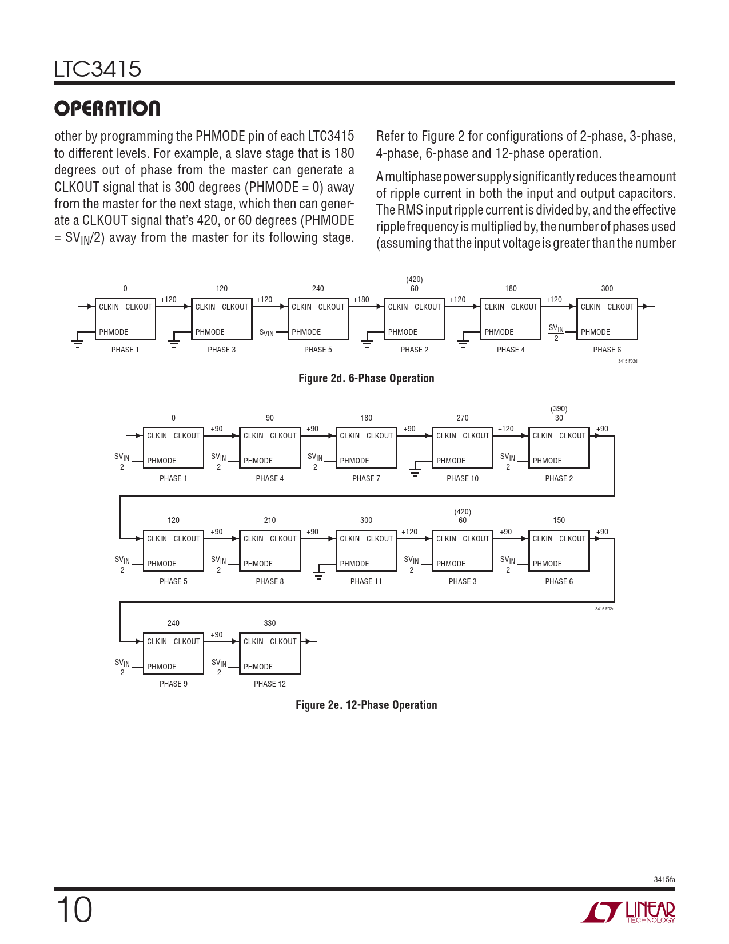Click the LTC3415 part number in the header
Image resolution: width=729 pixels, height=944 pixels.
(98, 69)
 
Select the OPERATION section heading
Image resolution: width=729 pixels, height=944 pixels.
(107, 108)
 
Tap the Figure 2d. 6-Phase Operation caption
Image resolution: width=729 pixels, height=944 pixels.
(366, 378)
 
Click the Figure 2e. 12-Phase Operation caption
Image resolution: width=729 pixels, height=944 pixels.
(366, 705)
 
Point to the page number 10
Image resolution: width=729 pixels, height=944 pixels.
(74, 910)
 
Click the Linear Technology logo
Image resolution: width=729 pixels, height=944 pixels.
(628, 912)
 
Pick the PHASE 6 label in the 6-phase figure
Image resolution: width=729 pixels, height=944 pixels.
(607, 350)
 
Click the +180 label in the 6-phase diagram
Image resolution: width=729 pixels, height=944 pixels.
(361, 299)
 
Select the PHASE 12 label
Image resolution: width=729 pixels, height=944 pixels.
(269, 684)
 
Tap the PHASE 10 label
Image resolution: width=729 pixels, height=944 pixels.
(462, 478)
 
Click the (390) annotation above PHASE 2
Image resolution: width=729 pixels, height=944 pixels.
(559, 409)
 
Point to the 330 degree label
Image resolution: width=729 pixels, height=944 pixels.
(269, 623)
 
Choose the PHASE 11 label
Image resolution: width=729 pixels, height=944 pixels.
(366, 581)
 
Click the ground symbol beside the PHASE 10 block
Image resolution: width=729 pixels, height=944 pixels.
(415, 471)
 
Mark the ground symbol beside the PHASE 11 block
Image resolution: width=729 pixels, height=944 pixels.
(319, 574)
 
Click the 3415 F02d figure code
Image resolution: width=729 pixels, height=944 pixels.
(627, 362)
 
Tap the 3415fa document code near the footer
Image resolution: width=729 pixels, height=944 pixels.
(664, 879)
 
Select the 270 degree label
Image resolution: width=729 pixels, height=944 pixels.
(462, 418)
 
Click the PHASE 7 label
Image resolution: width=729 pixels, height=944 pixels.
(366, 478)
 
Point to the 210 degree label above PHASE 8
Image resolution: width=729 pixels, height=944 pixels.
(269, 520)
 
